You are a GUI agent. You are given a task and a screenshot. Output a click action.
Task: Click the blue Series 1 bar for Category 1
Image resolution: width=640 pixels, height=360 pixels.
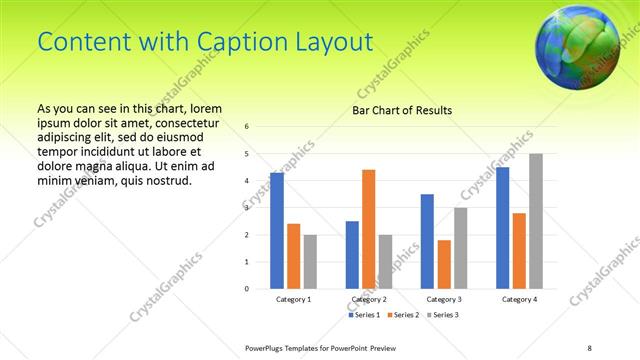(277, 231)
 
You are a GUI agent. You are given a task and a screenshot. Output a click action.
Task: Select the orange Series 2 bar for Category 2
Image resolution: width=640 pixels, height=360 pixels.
(368, 229)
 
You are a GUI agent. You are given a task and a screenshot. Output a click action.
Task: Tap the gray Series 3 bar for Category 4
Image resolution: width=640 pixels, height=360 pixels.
(535, 221)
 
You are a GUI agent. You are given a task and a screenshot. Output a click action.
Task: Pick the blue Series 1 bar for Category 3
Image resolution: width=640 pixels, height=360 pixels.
(427, 241)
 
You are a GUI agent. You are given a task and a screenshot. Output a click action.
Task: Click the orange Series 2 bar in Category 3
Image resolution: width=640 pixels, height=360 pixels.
(443, 264)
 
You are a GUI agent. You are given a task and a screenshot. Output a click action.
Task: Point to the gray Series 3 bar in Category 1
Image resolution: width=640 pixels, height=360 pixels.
(310, 262)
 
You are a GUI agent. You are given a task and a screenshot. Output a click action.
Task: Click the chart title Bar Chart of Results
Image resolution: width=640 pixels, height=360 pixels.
(402, 110)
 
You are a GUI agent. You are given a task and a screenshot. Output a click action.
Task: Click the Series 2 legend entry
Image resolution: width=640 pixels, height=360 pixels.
(402, 315)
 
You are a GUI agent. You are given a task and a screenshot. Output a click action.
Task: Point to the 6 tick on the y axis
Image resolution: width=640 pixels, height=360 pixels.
(247, 127)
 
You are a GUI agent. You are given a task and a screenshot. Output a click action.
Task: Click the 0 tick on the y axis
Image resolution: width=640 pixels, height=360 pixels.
(247, 289)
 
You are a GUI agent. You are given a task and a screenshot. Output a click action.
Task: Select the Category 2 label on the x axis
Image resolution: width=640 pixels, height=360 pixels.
(368, 299)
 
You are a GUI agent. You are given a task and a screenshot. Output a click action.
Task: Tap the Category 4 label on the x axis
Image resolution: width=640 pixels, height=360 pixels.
(518, 299)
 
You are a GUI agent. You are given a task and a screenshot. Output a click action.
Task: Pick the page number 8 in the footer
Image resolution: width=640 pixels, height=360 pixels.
(589, 346)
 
